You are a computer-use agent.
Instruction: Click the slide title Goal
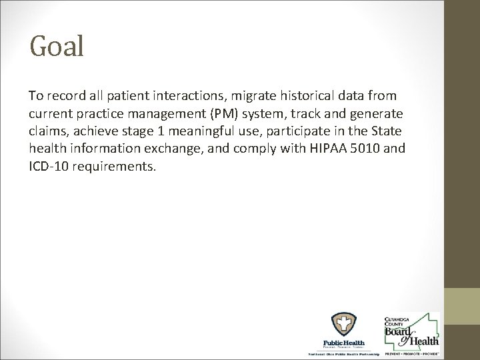coord(57,46)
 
